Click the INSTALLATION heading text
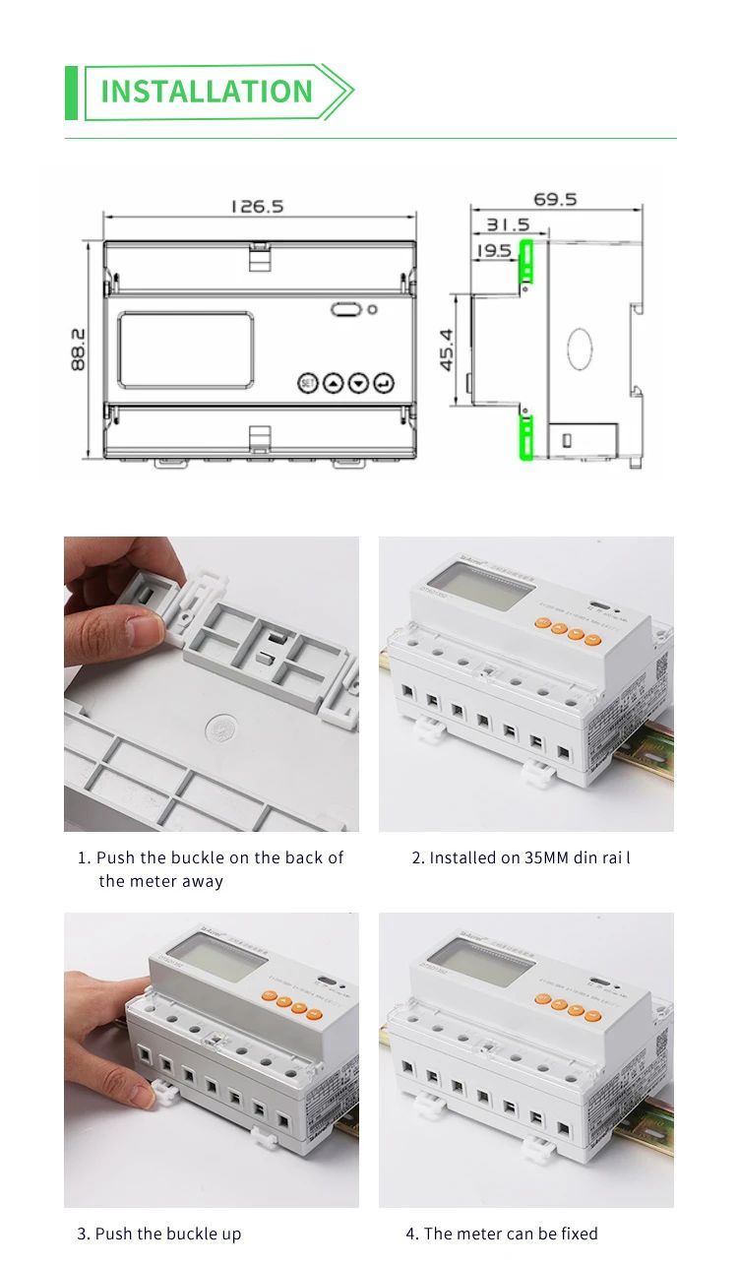coord(207,92)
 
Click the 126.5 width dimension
coord(257,206)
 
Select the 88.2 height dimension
coord(79,349)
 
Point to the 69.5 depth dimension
coord(555,200)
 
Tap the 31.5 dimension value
coord(507,225)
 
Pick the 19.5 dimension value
coord(494,251)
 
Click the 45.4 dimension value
coord(447,349)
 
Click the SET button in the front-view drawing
coord(307,382)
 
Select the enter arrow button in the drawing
coord(384,382)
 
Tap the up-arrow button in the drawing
coord(333,382)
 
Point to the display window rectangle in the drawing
coord(185,349)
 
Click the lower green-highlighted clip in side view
coord(525,437)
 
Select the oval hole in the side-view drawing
coord(580,350)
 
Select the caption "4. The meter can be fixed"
coord(502,1234)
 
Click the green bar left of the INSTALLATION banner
coord(71,93)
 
